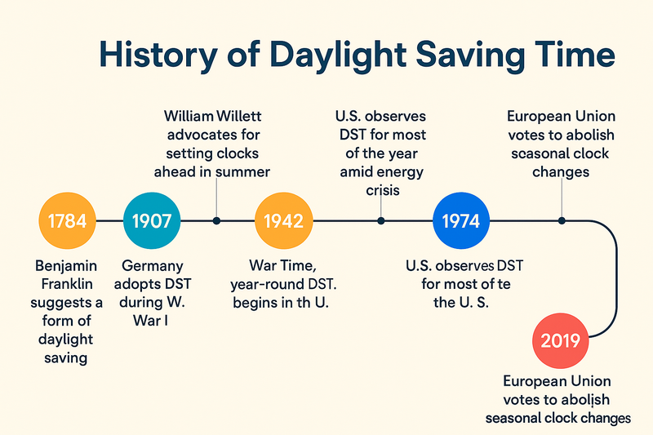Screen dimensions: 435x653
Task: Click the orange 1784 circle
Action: tap(68, 220)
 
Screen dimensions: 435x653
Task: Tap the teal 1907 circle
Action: tap(152, 220)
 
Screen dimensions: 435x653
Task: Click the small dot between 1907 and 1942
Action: tap(216, 220)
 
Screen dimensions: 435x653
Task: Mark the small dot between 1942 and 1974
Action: tap(381, 220)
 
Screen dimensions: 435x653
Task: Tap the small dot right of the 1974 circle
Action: tap(561, 220)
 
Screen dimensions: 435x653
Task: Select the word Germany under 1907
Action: tap(152, 266)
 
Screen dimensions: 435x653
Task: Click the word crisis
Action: tap(381, 190)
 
